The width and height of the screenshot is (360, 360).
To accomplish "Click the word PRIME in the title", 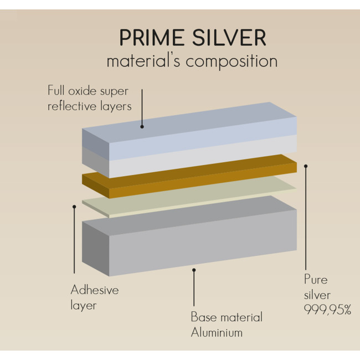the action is [152, 38].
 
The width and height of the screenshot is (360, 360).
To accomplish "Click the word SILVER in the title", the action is [229, 38].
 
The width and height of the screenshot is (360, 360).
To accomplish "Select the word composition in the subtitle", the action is [232, 62].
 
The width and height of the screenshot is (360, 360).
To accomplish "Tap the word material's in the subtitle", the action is [143, 60].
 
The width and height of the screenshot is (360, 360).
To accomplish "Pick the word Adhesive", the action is [95, 290].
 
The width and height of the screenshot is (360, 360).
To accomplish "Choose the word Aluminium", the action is [217, 332].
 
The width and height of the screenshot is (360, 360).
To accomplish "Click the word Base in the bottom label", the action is [204, 317].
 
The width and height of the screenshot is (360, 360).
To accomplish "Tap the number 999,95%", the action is [328, 310].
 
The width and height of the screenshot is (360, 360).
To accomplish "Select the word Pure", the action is [316, 279].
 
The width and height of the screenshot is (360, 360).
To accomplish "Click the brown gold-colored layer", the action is [189, 176].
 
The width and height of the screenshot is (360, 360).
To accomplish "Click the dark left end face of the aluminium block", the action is [95, 249].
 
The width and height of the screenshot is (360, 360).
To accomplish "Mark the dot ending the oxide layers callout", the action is [142, 127].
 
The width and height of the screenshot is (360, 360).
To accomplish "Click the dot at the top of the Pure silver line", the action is [306, 166].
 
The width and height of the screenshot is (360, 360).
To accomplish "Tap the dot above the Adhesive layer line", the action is [74, 207].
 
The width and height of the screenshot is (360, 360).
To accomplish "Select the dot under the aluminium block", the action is [194, 270].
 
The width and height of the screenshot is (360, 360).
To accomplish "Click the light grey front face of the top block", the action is [203, 156].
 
